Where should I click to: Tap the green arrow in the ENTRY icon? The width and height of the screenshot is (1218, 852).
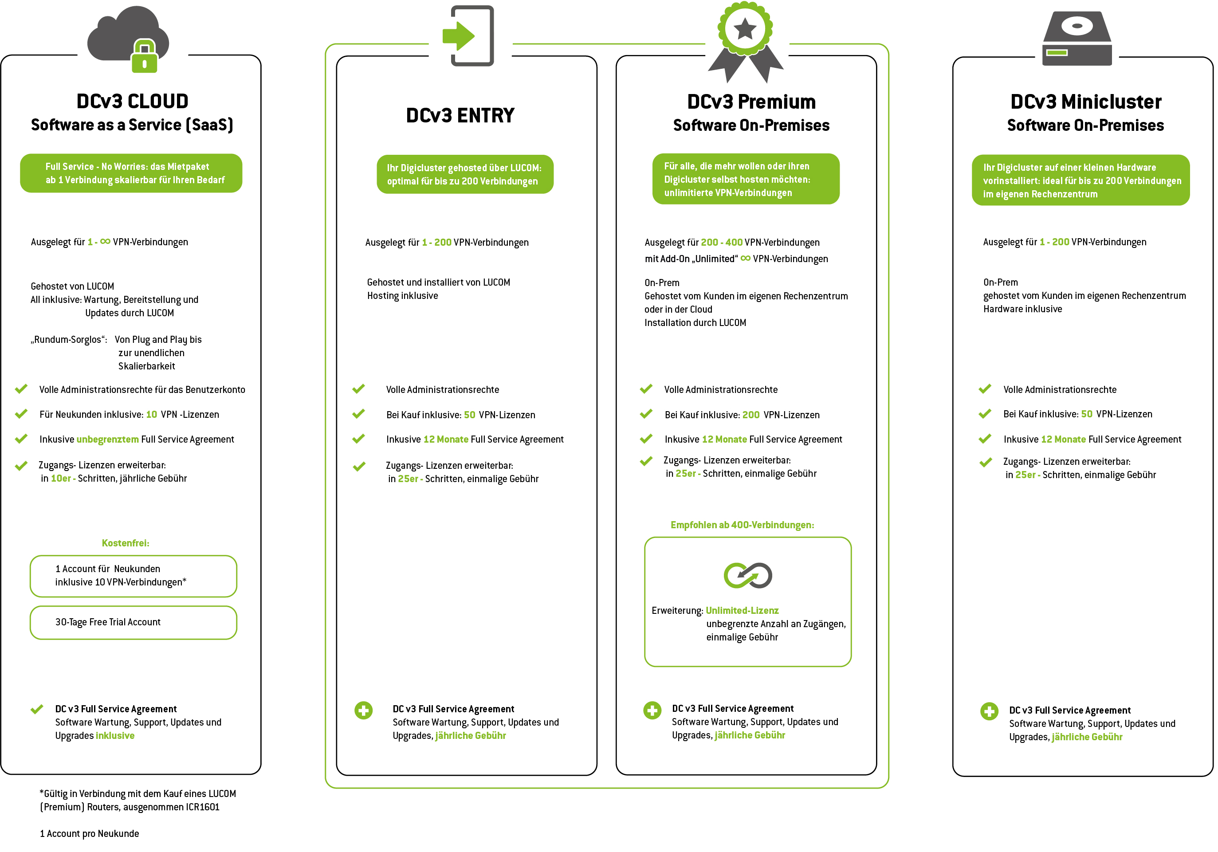[458, 36]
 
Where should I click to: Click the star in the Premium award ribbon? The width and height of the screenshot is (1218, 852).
[745, 29]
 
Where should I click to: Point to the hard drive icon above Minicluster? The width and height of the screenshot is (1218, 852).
[1077, 38]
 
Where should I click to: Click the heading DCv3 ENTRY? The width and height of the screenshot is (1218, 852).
[460, 115]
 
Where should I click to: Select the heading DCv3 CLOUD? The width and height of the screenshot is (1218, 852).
[132, 101]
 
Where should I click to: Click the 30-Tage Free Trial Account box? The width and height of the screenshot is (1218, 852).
[133, 622]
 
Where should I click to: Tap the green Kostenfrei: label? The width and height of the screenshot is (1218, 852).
[125, 543]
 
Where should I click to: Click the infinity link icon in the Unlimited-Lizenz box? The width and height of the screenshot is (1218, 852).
[748, 575]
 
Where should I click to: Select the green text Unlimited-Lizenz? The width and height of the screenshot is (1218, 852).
[742, 610]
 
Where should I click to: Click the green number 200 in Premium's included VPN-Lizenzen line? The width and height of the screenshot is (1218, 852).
[750, 414]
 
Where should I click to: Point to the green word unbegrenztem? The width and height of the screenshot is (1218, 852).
[108, 439]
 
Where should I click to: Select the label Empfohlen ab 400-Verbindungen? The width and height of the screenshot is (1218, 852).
[742, 525]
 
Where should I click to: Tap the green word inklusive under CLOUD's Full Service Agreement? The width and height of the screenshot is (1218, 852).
[115, 735]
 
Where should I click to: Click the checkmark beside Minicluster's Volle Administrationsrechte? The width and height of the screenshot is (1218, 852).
[985, 389]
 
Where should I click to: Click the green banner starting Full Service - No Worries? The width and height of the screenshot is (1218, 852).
[131, 173]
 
